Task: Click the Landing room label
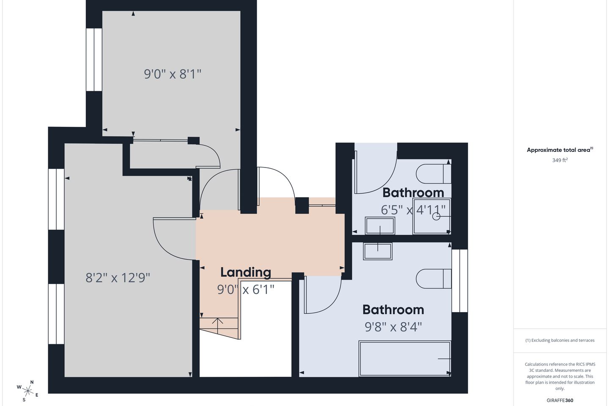pos(245,272)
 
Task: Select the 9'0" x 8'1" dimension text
pos(173,74)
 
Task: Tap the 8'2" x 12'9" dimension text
pos(118,278)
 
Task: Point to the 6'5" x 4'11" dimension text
pos(413,210)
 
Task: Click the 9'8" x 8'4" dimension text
pos(393,327)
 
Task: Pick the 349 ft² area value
pos(560,160)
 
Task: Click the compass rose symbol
pos(27,391)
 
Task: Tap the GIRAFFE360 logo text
pos(560,400)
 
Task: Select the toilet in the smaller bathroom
pos(433,174)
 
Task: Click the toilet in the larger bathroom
pos(433,278)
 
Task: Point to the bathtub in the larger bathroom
pos(405,358)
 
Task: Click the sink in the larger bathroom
pos(378,251)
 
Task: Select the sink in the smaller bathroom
pos(380,225)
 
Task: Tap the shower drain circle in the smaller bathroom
pos(436,217)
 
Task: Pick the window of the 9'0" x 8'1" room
pos(94,60)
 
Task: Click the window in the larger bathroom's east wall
pos(460,281)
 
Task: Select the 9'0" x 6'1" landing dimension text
pos(245,290)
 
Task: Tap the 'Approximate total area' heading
pos(560,150)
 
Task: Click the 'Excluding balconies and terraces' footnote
pos(560,340)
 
